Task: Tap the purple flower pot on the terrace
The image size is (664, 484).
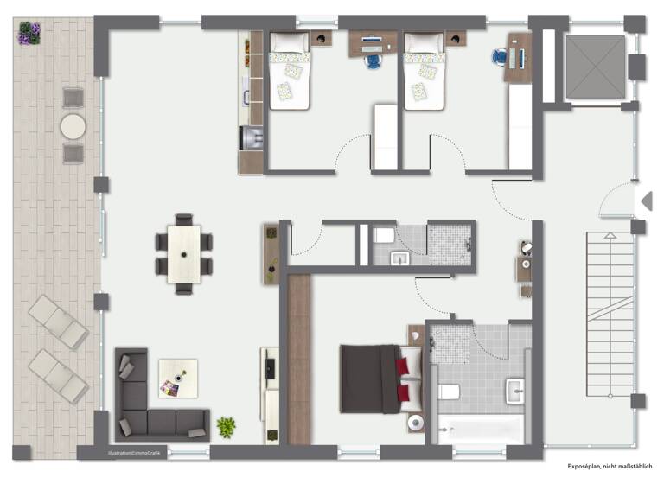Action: [x=30, y=34]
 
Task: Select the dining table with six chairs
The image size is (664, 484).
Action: [x=183, y=254]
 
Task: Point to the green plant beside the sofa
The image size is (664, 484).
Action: [x=226, y=426]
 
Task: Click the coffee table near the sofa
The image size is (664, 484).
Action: [x=177, y=379]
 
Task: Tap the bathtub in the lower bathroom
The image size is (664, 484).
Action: [x=481, y=429]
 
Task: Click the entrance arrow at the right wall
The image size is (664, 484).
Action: [x=645, y=201]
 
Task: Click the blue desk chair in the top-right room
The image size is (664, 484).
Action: [x=501, y=56]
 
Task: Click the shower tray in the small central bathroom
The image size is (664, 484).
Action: [x=450, y=244]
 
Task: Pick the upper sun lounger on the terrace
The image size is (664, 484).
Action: [x=58, y=322]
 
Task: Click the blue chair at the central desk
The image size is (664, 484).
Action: [x=373, y=60]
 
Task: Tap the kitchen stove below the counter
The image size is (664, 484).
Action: [x=252, y=137]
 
